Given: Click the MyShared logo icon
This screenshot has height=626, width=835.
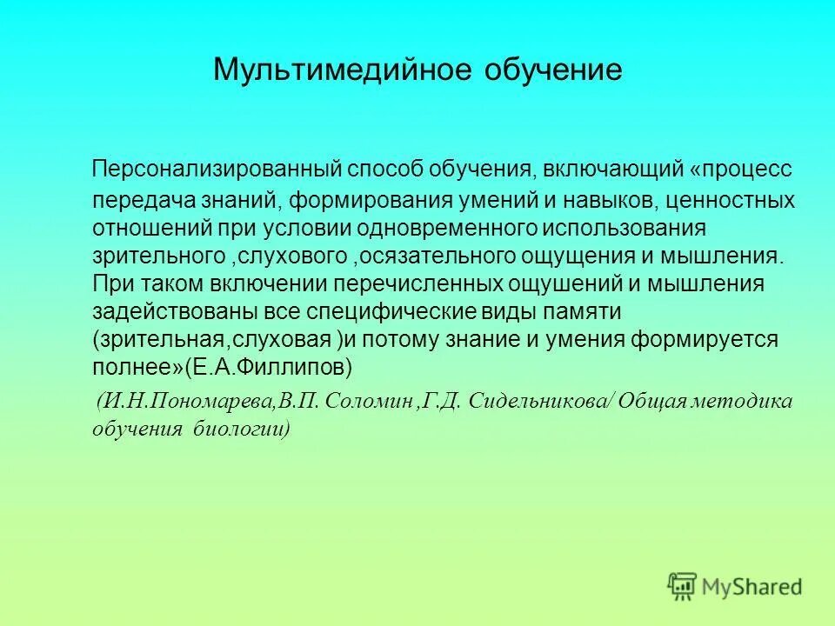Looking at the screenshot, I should [683, 586].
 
